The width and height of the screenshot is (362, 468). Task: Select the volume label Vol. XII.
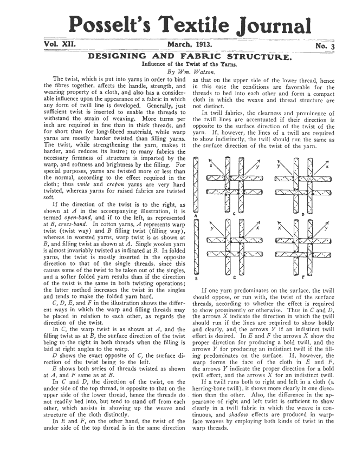pos(59,45)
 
